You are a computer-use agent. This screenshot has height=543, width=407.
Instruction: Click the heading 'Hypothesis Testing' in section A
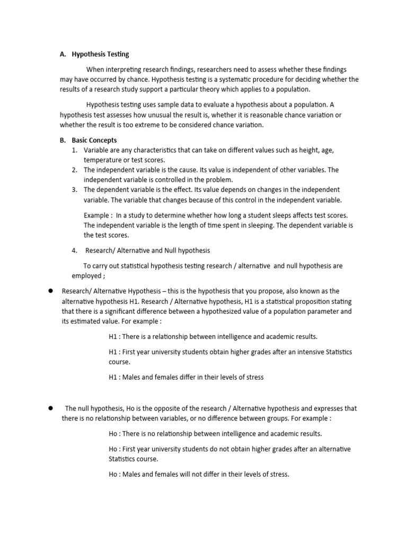tap(100, 54)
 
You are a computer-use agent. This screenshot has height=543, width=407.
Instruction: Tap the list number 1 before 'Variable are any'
tap(74, 151)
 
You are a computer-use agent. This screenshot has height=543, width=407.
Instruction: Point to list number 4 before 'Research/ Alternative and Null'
tap(74, 250)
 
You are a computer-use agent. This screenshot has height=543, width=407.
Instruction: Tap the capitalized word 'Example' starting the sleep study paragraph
tap(97, 215)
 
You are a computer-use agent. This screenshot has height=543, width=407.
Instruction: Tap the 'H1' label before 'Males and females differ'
tap(113, 378)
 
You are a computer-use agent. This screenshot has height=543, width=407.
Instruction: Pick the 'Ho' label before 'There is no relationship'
tap(113, 434)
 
